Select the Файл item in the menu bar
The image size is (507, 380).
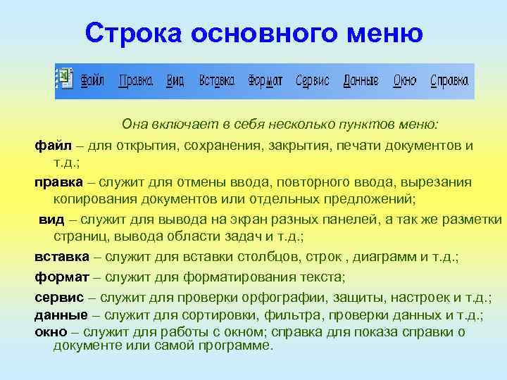pyautogui.click(x=92, y=80)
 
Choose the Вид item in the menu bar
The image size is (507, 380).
pyautogui.click(x=175, y=80)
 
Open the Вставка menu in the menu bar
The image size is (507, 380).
pyautogui.click(x=216, y=80)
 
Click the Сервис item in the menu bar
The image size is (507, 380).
pyautogui.click(x=313, y=80)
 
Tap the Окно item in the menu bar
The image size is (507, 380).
pyautogui.click(x=405, y=80)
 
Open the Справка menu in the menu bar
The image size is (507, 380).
pyautogui.click(x=449, y=80)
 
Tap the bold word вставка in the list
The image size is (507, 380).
pyautogui.click(x=62, y=256)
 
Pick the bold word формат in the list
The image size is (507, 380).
pyautogui.click(x=61, y=277)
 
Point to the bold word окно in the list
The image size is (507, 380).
pyautogui.click(x=51, y=331)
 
